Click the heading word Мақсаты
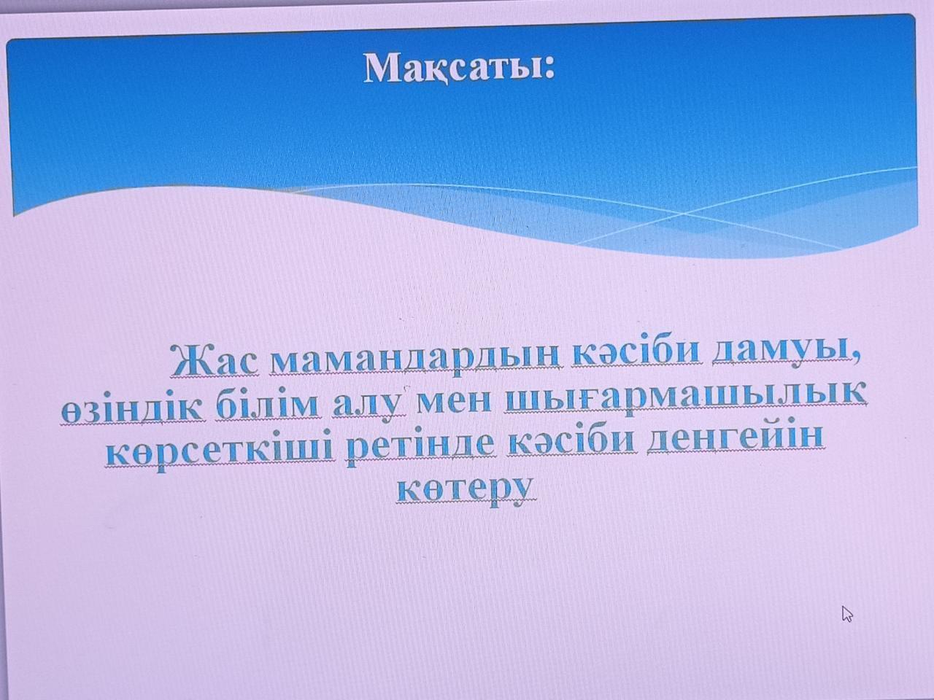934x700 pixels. point(454,69)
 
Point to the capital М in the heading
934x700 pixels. point(384,68)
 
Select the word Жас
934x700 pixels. point(215,360)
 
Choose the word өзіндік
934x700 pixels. point(133,407)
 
